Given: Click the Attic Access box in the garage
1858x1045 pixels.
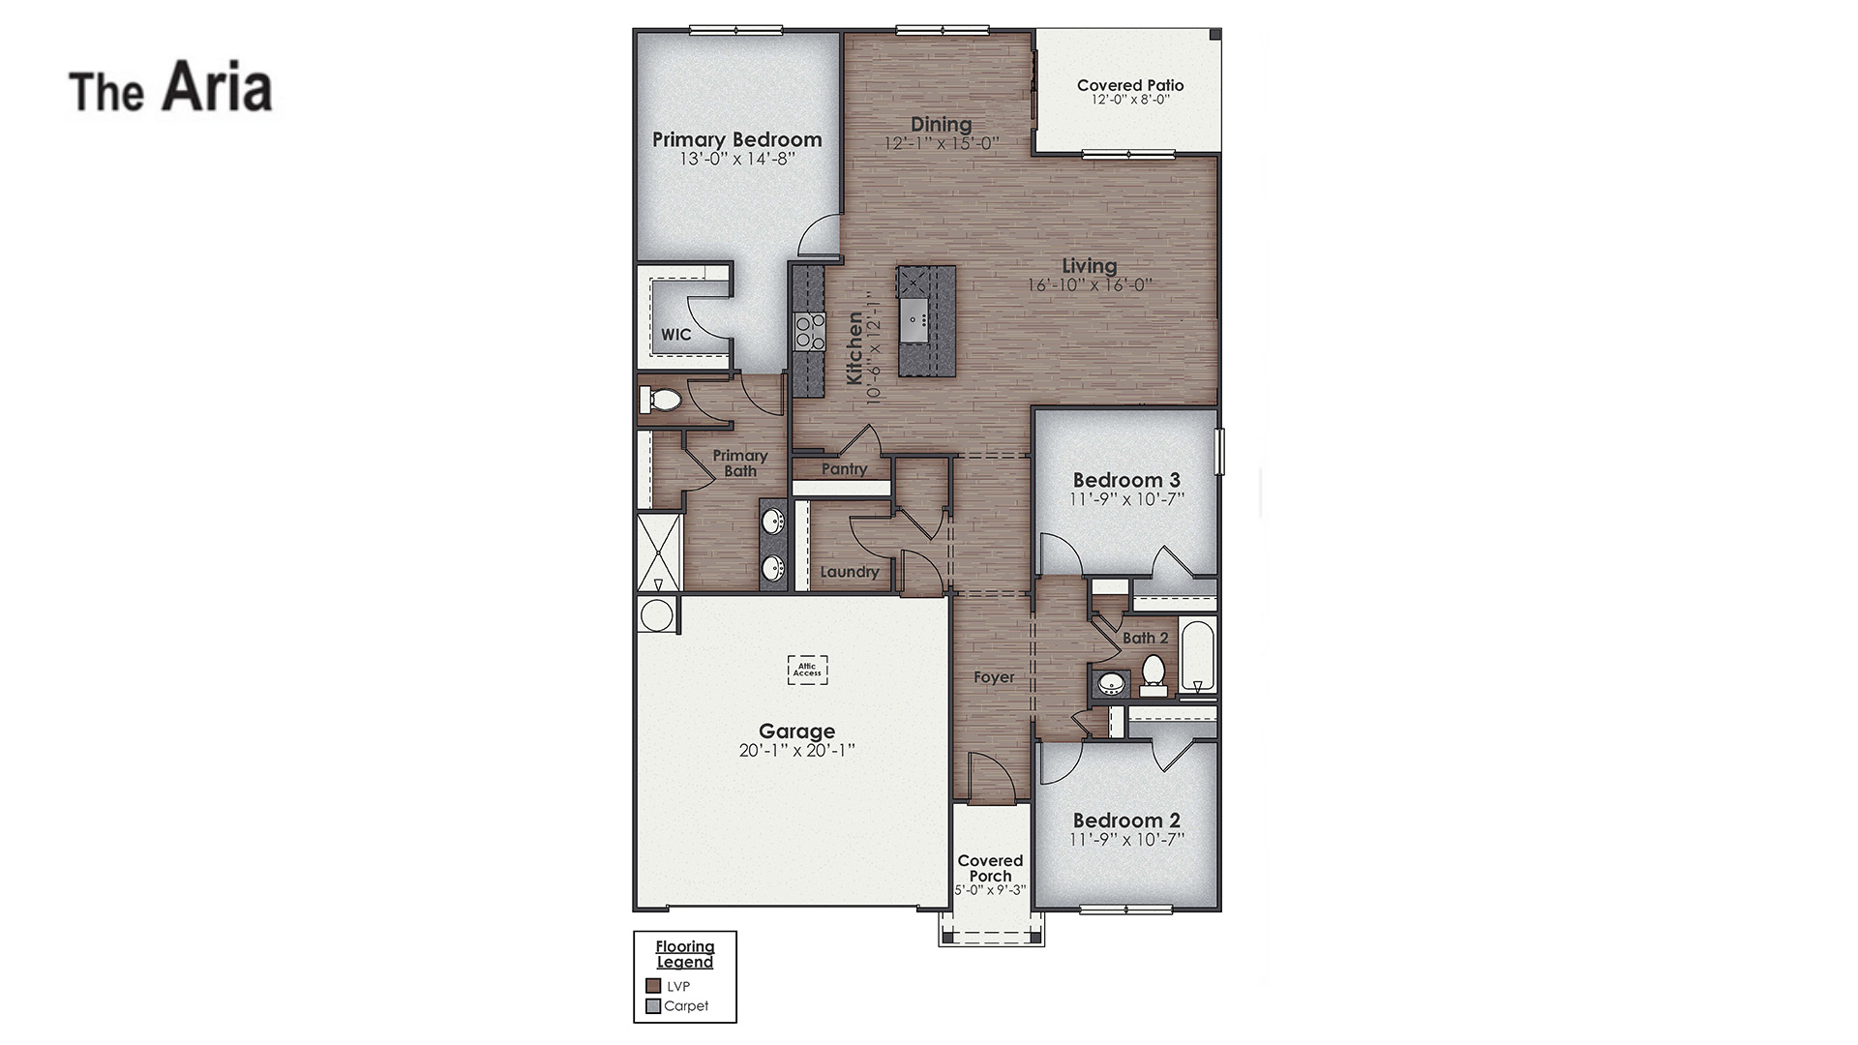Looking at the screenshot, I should coord(807,669).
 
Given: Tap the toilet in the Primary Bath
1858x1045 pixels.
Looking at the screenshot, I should coord(661,399).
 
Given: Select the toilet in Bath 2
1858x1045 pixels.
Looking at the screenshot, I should coord(1154,672).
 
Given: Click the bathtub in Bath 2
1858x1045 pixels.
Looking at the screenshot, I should coord(1197,655).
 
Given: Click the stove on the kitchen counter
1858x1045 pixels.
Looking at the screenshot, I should coord(809,331).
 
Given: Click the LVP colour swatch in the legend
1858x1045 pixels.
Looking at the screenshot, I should coord(653,986).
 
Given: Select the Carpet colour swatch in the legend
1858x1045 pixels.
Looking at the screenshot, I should coord(653,1006).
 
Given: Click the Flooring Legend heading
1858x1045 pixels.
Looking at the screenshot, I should coord(685,954).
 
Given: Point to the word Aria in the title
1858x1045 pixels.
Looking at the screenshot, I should coord(217,88).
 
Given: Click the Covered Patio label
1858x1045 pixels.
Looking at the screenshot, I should coord(1130,85).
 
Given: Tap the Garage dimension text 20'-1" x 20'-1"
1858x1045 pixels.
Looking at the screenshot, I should coord(796,751).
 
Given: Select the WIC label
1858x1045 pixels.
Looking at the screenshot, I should coord(676,335).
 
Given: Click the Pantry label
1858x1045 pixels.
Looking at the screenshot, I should coord(844,469).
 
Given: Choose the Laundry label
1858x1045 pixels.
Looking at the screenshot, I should coord(850,572).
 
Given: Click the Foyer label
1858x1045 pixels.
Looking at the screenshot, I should coord(994,677).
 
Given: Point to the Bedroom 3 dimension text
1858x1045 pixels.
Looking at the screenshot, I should coord(1126,499).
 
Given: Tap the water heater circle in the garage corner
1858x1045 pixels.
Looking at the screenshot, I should coord(657,615).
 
